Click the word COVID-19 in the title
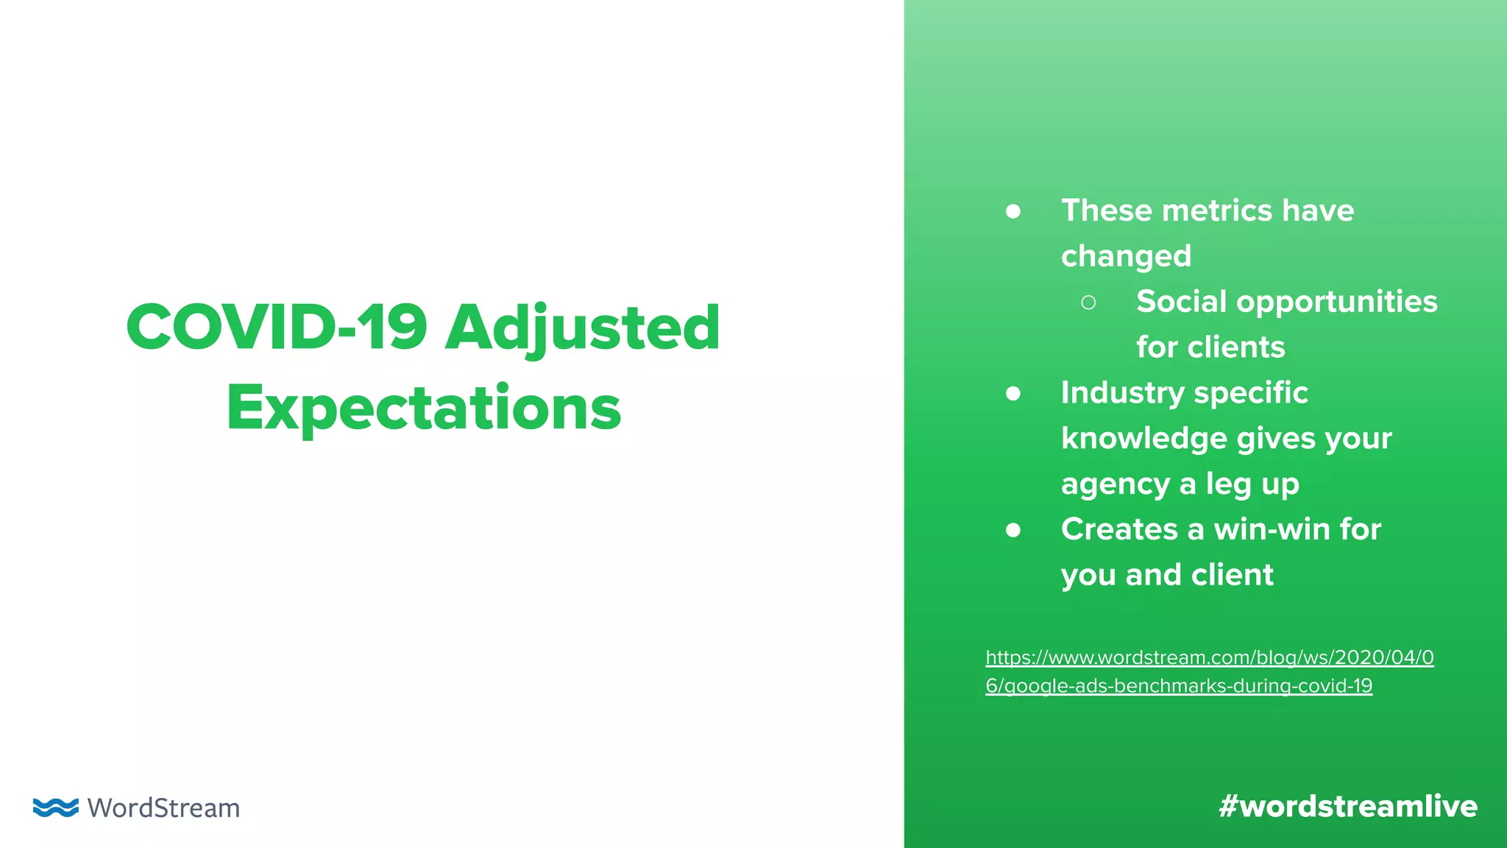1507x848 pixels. [277, 327]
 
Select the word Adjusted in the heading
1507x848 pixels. [582, 328]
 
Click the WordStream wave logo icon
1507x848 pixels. [56, 807]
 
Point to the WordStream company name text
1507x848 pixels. [163, 808]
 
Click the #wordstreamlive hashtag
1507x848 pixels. [1347, 806]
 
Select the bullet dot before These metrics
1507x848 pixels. [1013, 212]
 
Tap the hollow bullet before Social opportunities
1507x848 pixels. [1088, 303]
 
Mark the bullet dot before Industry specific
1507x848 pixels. [1013, 394]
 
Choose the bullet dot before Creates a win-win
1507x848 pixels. [1013, 530]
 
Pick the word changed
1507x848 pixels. [1126, 256]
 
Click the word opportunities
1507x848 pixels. [1337, 302]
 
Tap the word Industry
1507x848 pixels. [1122, 393]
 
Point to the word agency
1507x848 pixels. [1116, 484]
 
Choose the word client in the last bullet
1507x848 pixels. [1233, 575]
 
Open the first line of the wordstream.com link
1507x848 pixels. [1210, 657]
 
